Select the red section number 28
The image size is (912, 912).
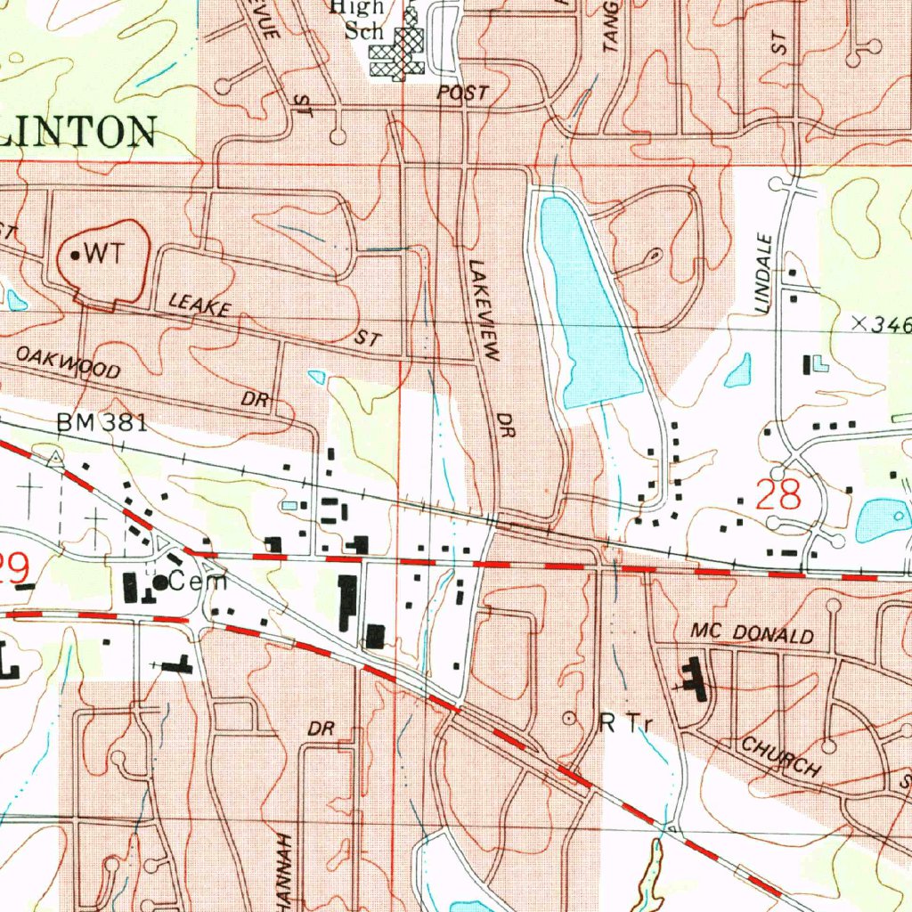tap(778, 495)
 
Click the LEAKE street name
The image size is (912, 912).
tap(200, 308)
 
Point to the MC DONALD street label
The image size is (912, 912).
tap(752, 634)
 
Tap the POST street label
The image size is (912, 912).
tap(462, 93)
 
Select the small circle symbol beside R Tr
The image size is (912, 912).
tap(570, 716)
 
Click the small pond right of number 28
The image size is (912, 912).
tap(882, 521)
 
